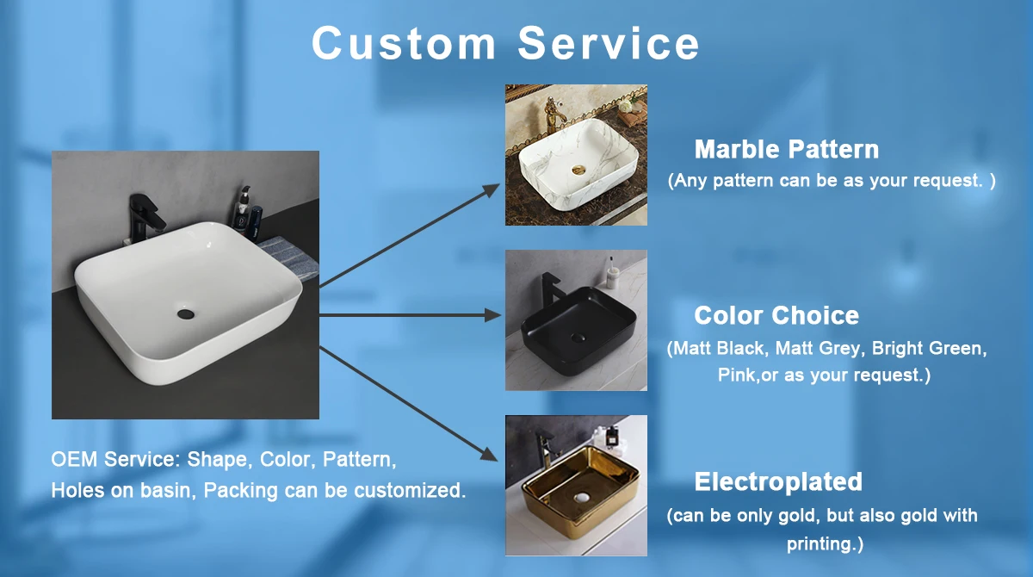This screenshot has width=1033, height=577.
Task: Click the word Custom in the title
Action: pos(404,43)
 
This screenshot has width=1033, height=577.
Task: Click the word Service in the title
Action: pos(609,43)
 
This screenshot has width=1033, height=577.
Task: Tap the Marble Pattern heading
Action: pos(787,150)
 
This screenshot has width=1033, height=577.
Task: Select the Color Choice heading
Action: pos(776,315)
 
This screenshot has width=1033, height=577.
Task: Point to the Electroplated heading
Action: pos(778,481)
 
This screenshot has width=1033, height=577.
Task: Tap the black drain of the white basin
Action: pos(185,314)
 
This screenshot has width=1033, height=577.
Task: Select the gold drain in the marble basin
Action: pos(578,170)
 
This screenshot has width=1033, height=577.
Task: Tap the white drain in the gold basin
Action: pos(582,498)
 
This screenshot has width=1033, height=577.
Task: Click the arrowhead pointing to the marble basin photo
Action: pos(492,189)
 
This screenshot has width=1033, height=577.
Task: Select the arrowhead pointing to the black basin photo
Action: pos(492,315)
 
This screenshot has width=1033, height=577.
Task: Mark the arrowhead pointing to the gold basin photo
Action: pos(489,454)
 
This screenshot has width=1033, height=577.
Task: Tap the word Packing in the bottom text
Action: pos(241,490)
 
